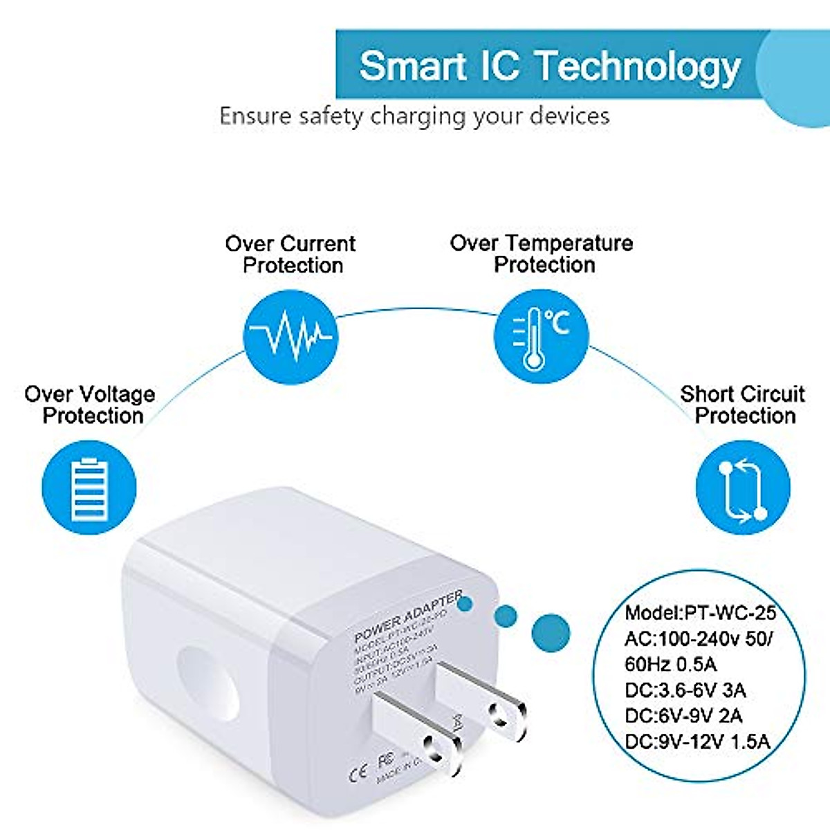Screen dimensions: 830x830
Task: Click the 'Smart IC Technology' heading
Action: pyautogui.click(x=550, y=66)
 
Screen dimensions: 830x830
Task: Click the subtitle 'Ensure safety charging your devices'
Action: pyautogui.click(x=414, y=116)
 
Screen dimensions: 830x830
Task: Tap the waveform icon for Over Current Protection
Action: pyautogui.click(x=291, y=337)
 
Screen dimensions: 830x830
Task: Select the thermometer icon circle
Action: pyautogui.click(x=540, y=337)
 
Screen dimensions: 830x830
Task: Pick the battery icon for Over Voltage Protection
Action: pyautogui.click(x=90, y=488)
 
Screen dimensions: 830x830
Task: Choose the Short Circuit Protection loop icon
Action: pyautogui.click(x=742, y=488)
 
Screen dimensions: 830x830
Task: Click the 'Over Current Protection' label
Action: pyautogui.click(x=291, y=255)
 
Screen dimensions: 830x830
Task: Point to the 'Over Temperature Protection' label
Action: pyautogui.click(x=542, y=254)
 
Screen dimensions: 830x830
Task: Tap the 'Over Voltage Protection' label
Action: pyautogui.click(x=90, y=405)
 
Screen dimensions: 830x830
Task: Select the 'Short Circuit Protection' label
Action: pyautogui.click(x=743, y=405)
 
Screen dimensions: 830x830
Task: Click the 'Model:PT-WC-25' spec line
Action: pyautogui.click(x=700, y=613)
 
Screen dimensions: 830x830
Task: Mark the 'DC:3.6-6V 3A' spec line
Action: pyautogui.click(x=685, y=690)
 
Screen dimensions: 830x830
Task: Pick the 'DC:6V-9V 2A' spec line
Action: pyautogui.click(x=683, y=716)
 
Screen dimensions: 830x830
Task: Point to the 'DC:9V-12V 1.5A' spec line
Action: pyautogui.click(x=697, y=741)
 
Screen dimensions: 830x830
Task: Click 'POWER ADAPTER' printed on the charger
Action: pyautogui.click(x=407, y=615)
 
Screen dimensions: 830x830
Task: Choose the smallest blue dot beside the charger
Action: pyautogui.click(x=465, y=602)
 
